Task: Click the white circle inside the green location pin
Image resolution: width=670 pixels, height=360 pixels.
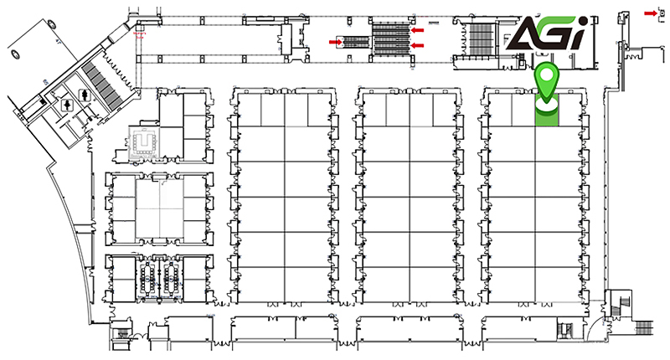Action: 547,75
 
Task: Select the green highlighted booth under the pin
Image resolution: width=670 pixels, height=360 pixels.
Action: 547,110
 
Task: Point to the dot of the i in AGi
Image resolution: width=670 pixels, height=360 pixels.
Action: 582,22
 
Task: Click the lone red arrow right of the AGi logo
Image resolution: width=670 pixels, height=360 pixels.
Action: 651,13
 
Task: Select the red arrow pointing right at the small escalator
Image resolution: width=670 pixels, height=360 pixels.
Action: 336,42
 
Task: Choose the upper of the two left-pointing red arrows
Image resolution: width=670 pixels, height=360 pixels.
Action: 417,30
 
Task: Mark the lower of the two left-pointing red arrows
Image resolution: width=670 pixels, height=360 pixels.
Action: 417,46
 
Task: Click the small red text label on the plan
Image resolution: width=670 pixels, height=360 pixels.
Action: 140,34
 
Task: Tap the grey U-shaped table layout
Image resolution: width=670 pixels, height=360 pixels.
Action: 144,143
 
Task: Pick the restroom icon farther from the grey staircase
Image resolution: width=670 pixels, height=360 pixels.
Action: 68,105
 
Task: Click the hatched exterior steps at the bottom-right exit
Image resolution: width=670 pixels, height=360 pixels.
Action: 644,328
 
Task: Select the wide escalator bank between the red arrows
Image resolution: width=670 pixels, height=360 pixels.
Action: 391,39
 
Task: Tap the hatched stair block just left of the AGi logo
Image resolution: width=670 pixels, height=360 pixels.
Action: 481,39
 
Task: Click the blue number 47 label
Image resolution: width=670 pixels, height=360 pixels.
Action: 56,41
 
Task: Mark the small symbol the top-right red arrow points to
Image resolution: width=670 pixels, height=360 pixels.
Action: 662,14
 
